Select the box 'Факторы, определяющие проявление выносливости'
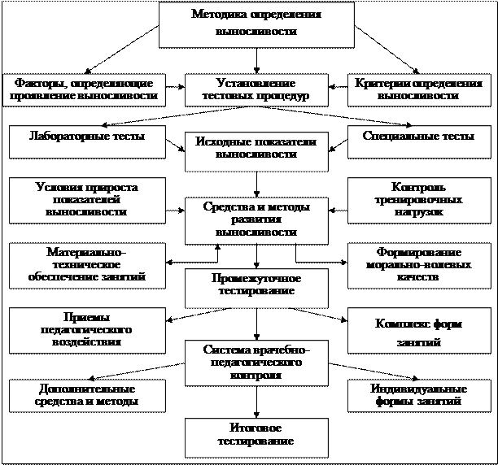(x=82, y=89)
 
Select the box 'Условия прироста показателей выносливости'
(x=82, y=200)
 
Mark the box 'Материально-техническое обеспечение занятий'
(x=82, y=265)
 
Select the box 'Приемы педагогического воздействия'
(x=82, y=329)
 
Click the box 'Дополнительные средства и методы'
(x=82, y=395)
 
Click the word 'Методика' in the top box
(x=219, y=15)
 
